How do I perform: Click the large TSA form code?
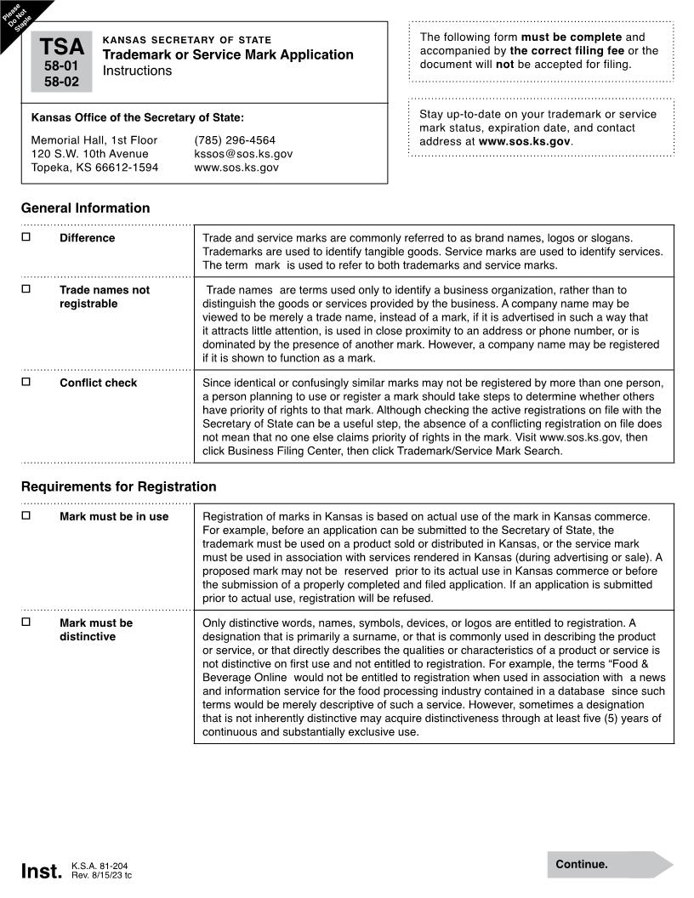(x=61, y=47)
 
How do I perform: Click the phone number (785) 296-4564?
(x=235, y=140)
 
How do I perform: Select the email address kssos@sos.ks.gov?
(x=243, y=154)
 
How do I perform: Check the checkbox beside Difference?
(x=26, y=237)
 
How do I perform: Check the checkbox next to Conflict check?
(x=26, y=382)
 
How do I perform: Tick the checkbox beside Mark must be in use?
(x=26, y=515)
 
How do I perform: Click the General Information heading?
(x=85, y=208)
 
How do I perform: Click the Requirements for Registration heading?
(x=118, y=487)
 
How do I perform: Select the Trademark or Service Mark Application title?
(x=228, y=54)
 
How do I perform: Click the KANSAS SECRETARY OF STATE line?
(x=186, y=40)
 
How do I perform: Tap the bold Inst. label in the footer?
(x=41, y=872)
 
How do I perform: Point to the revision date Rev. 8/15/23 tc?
(x=101, y=876)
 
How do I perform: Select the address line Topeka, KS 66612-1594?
(x=94, y=168)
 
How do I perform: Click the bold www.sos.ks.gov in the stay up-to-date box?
(x=524, y=141)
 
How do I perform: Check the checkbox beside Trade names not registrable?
(x=26, y=289)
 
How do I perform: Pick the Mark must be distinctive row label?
(x=95, y=629)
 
